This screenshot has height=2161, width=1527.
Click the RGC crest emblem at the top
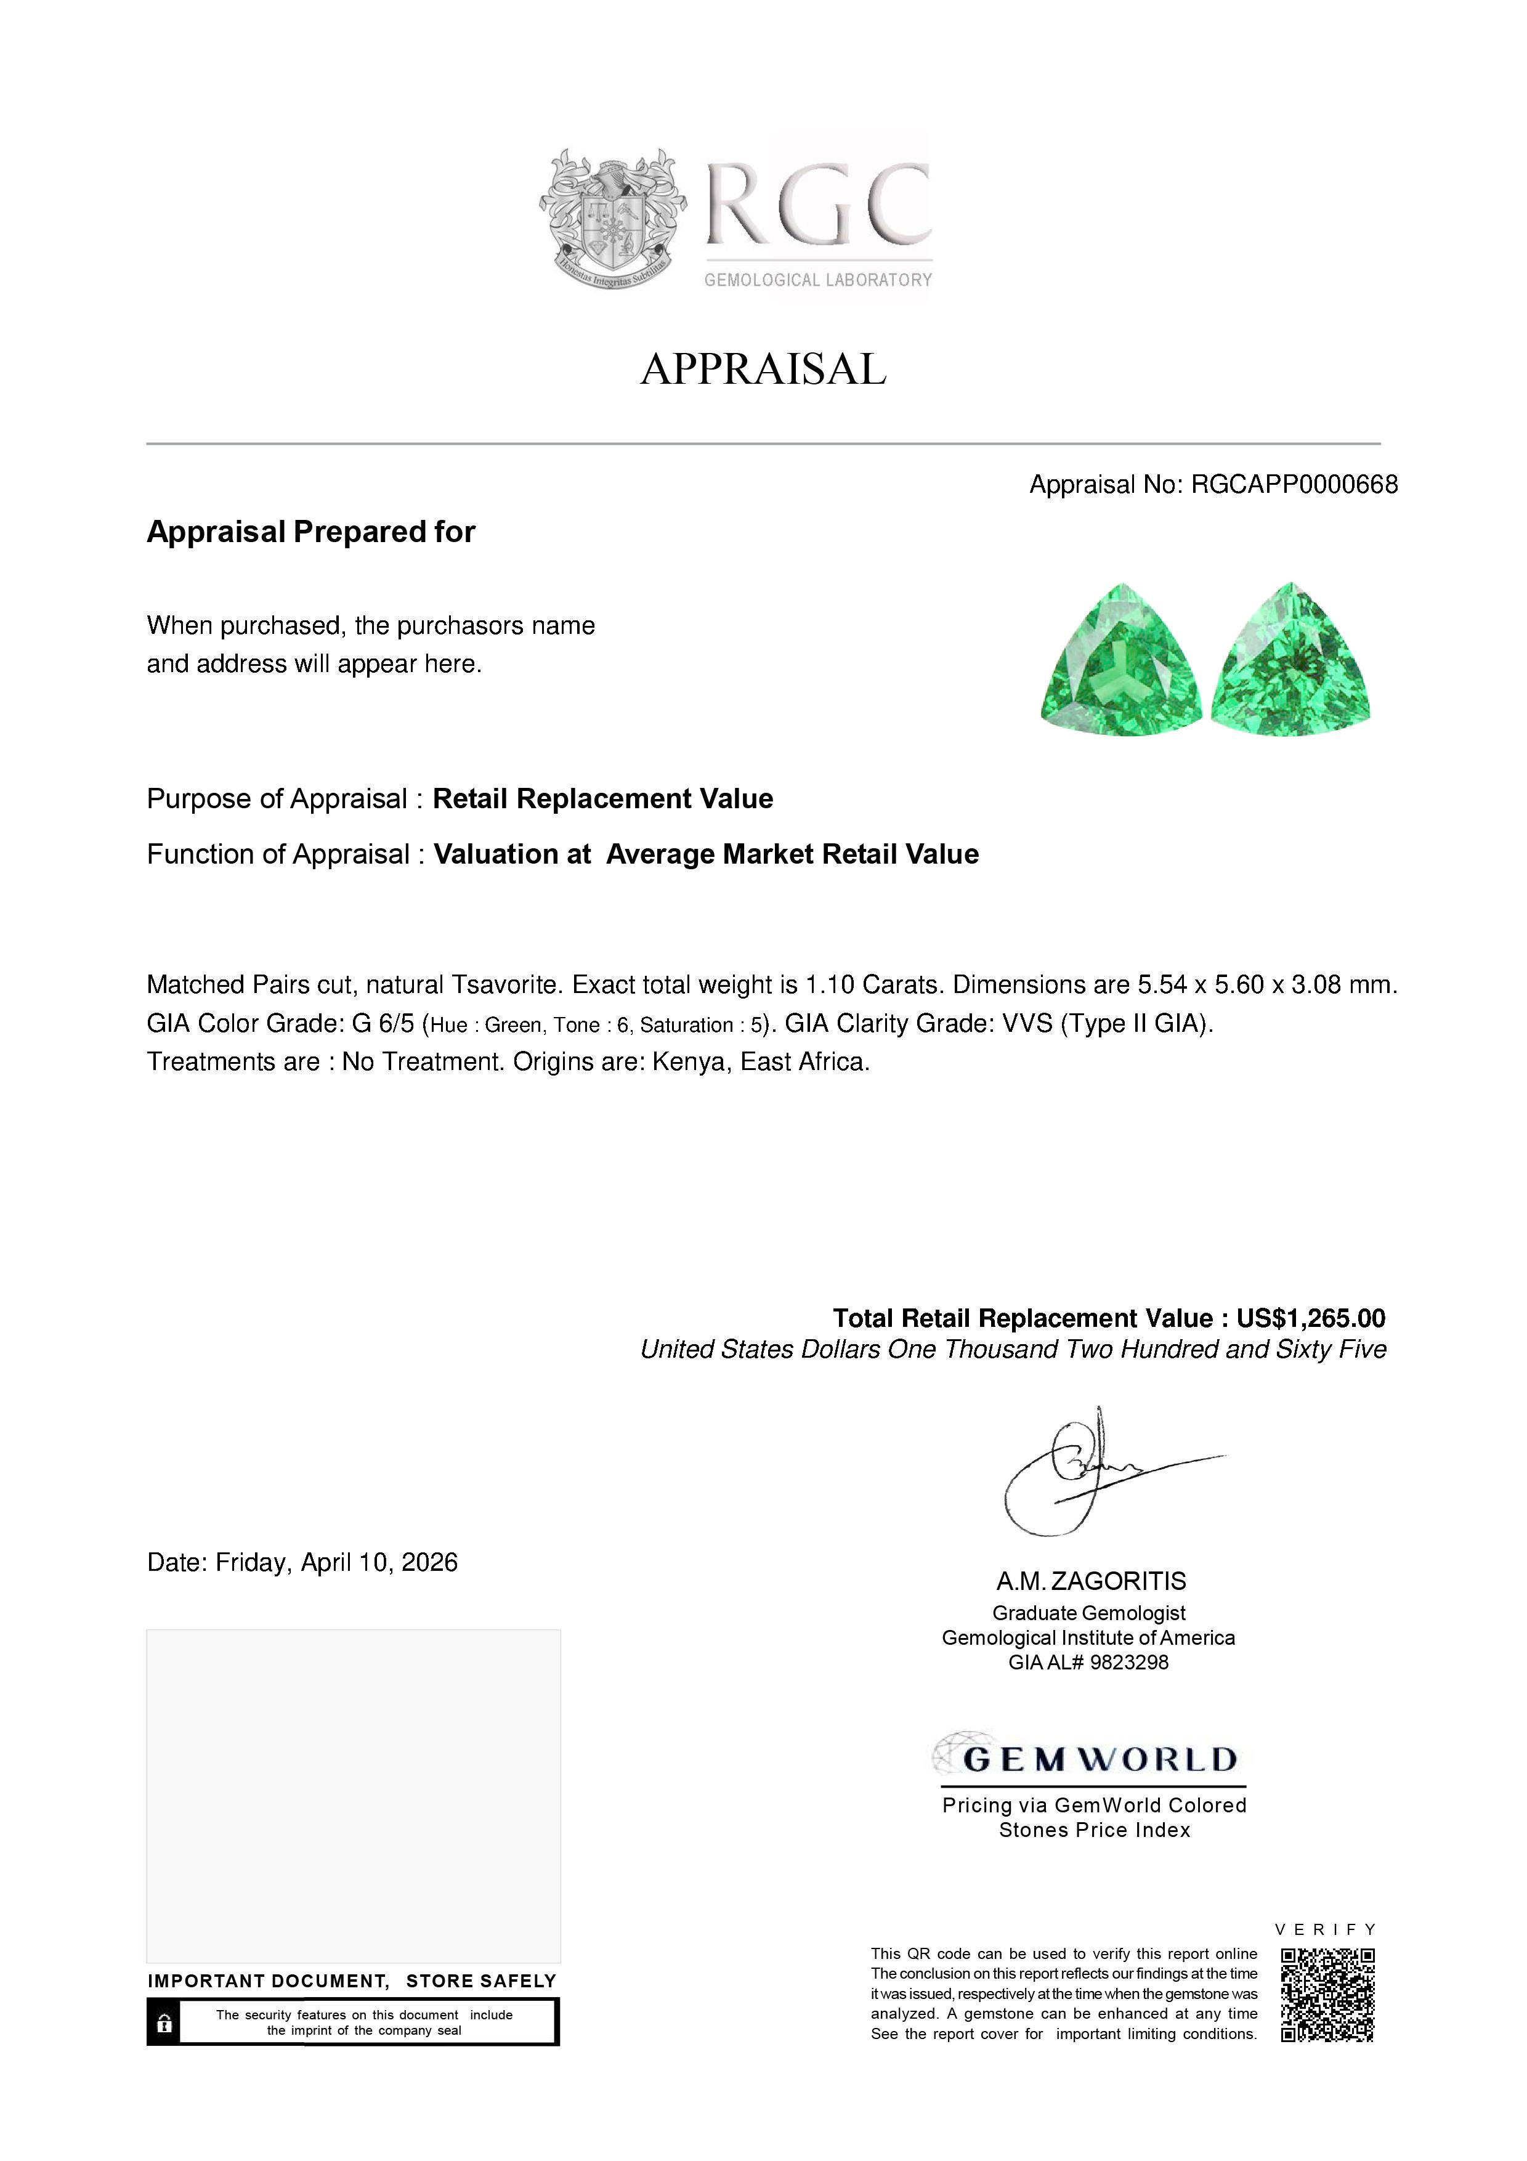click(x=612, y=218)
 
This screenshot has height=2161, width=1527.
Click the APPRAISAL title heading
click(x=763, y=369)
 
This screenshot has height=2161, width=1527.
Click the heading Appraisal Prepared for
click(x=310, y=532)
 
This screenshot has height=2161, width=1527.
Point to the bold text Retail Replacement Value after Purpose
click(x=602, y=799)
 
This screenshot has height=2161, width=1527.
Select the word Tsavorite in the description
click(x=506, y=986)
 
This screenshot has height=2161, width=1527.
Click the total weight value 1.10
click(x=829, y=986)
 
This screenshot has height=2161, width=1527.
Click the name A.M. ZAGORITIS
click(x=1092, y=1581)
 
